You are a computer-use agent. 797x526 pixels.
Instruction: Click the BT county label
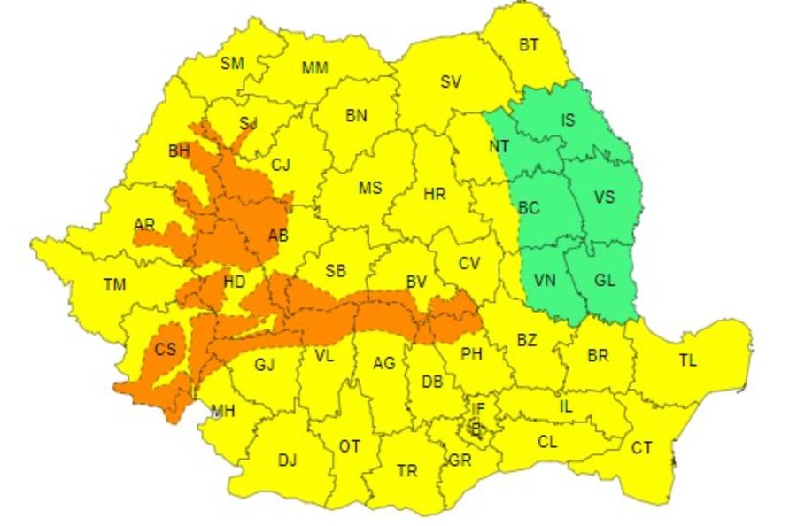pos(529,46)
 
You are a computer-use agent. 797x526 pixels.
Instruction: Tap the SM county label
pos(232,63)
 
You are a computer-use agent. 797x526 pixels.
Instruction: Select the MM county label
pos(313,68)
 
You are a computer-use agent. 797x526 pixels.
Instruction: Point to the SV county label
pos(451,82)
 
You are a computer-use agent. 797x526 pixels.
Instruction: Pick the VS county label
pos(603,197)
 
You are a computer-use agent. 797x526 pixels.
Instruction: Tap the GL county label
pos(605,281)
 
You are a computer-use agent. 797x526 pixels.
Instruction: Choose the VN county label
pos(546,281)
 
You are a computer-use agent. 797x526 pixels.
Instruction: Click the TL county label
pos(687,360)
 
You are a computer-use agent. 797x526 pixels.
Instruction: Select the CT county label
pos(641,448)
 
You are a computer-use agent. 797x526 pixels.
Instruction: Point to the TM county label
pos(114,285)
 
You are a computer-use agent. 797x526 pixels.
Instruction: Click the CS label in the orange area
pos(166,350)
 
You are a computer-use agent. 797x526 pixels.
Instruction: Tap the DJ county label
pos(287,460)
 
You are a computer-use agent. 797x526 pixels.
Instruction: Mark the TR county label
pos(406,471)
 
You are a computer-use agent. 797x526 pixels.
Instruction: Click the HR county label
pos(435,194)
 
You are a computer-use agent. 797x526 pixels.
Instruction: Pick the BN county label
pos(356,115)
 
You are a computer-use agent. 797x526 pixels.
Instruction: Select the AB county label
pos(278,236)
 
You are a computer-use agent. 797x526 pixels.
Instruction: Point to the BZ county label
pos(527,340)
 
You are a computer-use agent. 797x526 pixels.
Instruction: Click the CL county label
pos(547,442)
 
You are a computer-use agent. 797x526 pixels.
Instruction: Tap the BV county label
pos(416,282)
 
